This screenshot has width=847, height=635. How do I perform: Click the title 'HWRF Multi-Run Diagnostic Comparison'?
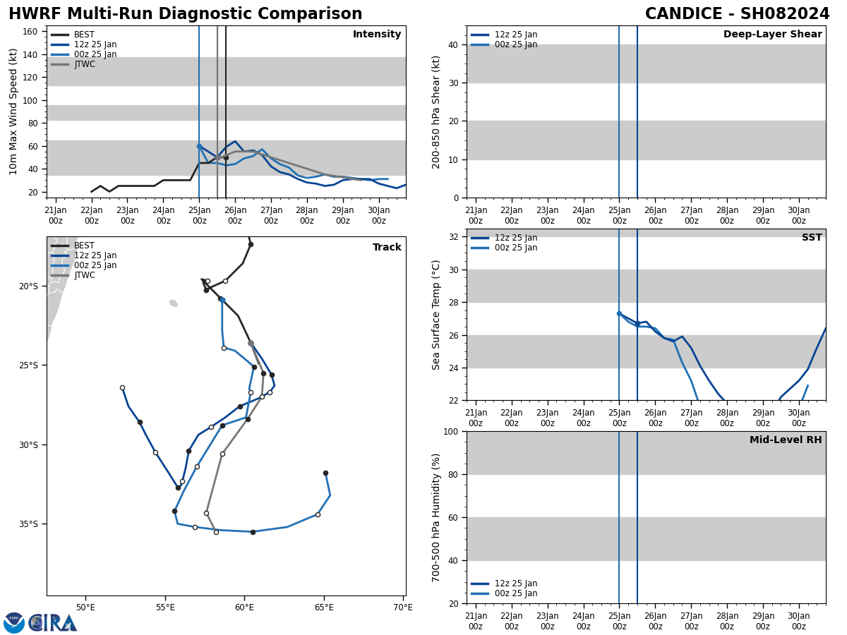[185, 14]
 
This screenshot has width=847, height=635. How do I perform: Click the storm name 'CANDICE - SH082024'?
[737, 14]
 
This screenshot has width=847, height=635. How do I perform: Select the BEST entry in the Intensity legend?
[84, 35]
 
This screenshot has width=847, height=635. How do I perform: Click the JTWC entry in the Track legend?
[84, 275]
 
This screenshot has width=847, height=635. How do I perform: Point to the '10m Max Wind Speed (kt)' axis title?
[13, 111]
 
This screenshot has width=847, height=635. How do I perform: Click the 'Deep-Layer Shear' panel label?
[772, 35]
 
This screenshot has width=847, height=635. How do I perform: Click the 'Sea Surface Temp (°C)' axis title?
[437, 315]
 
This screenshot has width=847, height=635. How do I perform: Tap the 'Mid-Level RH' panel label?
[786, 440]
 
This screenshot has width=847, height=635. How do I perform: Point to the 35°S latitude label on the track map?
[28, 524]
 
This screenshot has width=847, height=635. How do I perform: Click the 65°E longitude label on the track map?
[324, 607]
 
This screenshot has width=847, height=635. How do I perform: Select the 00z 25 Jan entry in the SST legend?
[516, 248]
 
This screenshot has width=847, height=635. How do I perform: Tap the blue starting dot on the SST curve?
[619, 314]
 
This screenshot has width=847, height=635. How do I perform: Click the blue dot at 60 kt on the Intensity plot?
[199, 146]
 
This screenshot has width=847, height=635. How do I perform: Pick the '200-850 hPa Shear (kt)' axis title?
[437, 111]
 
